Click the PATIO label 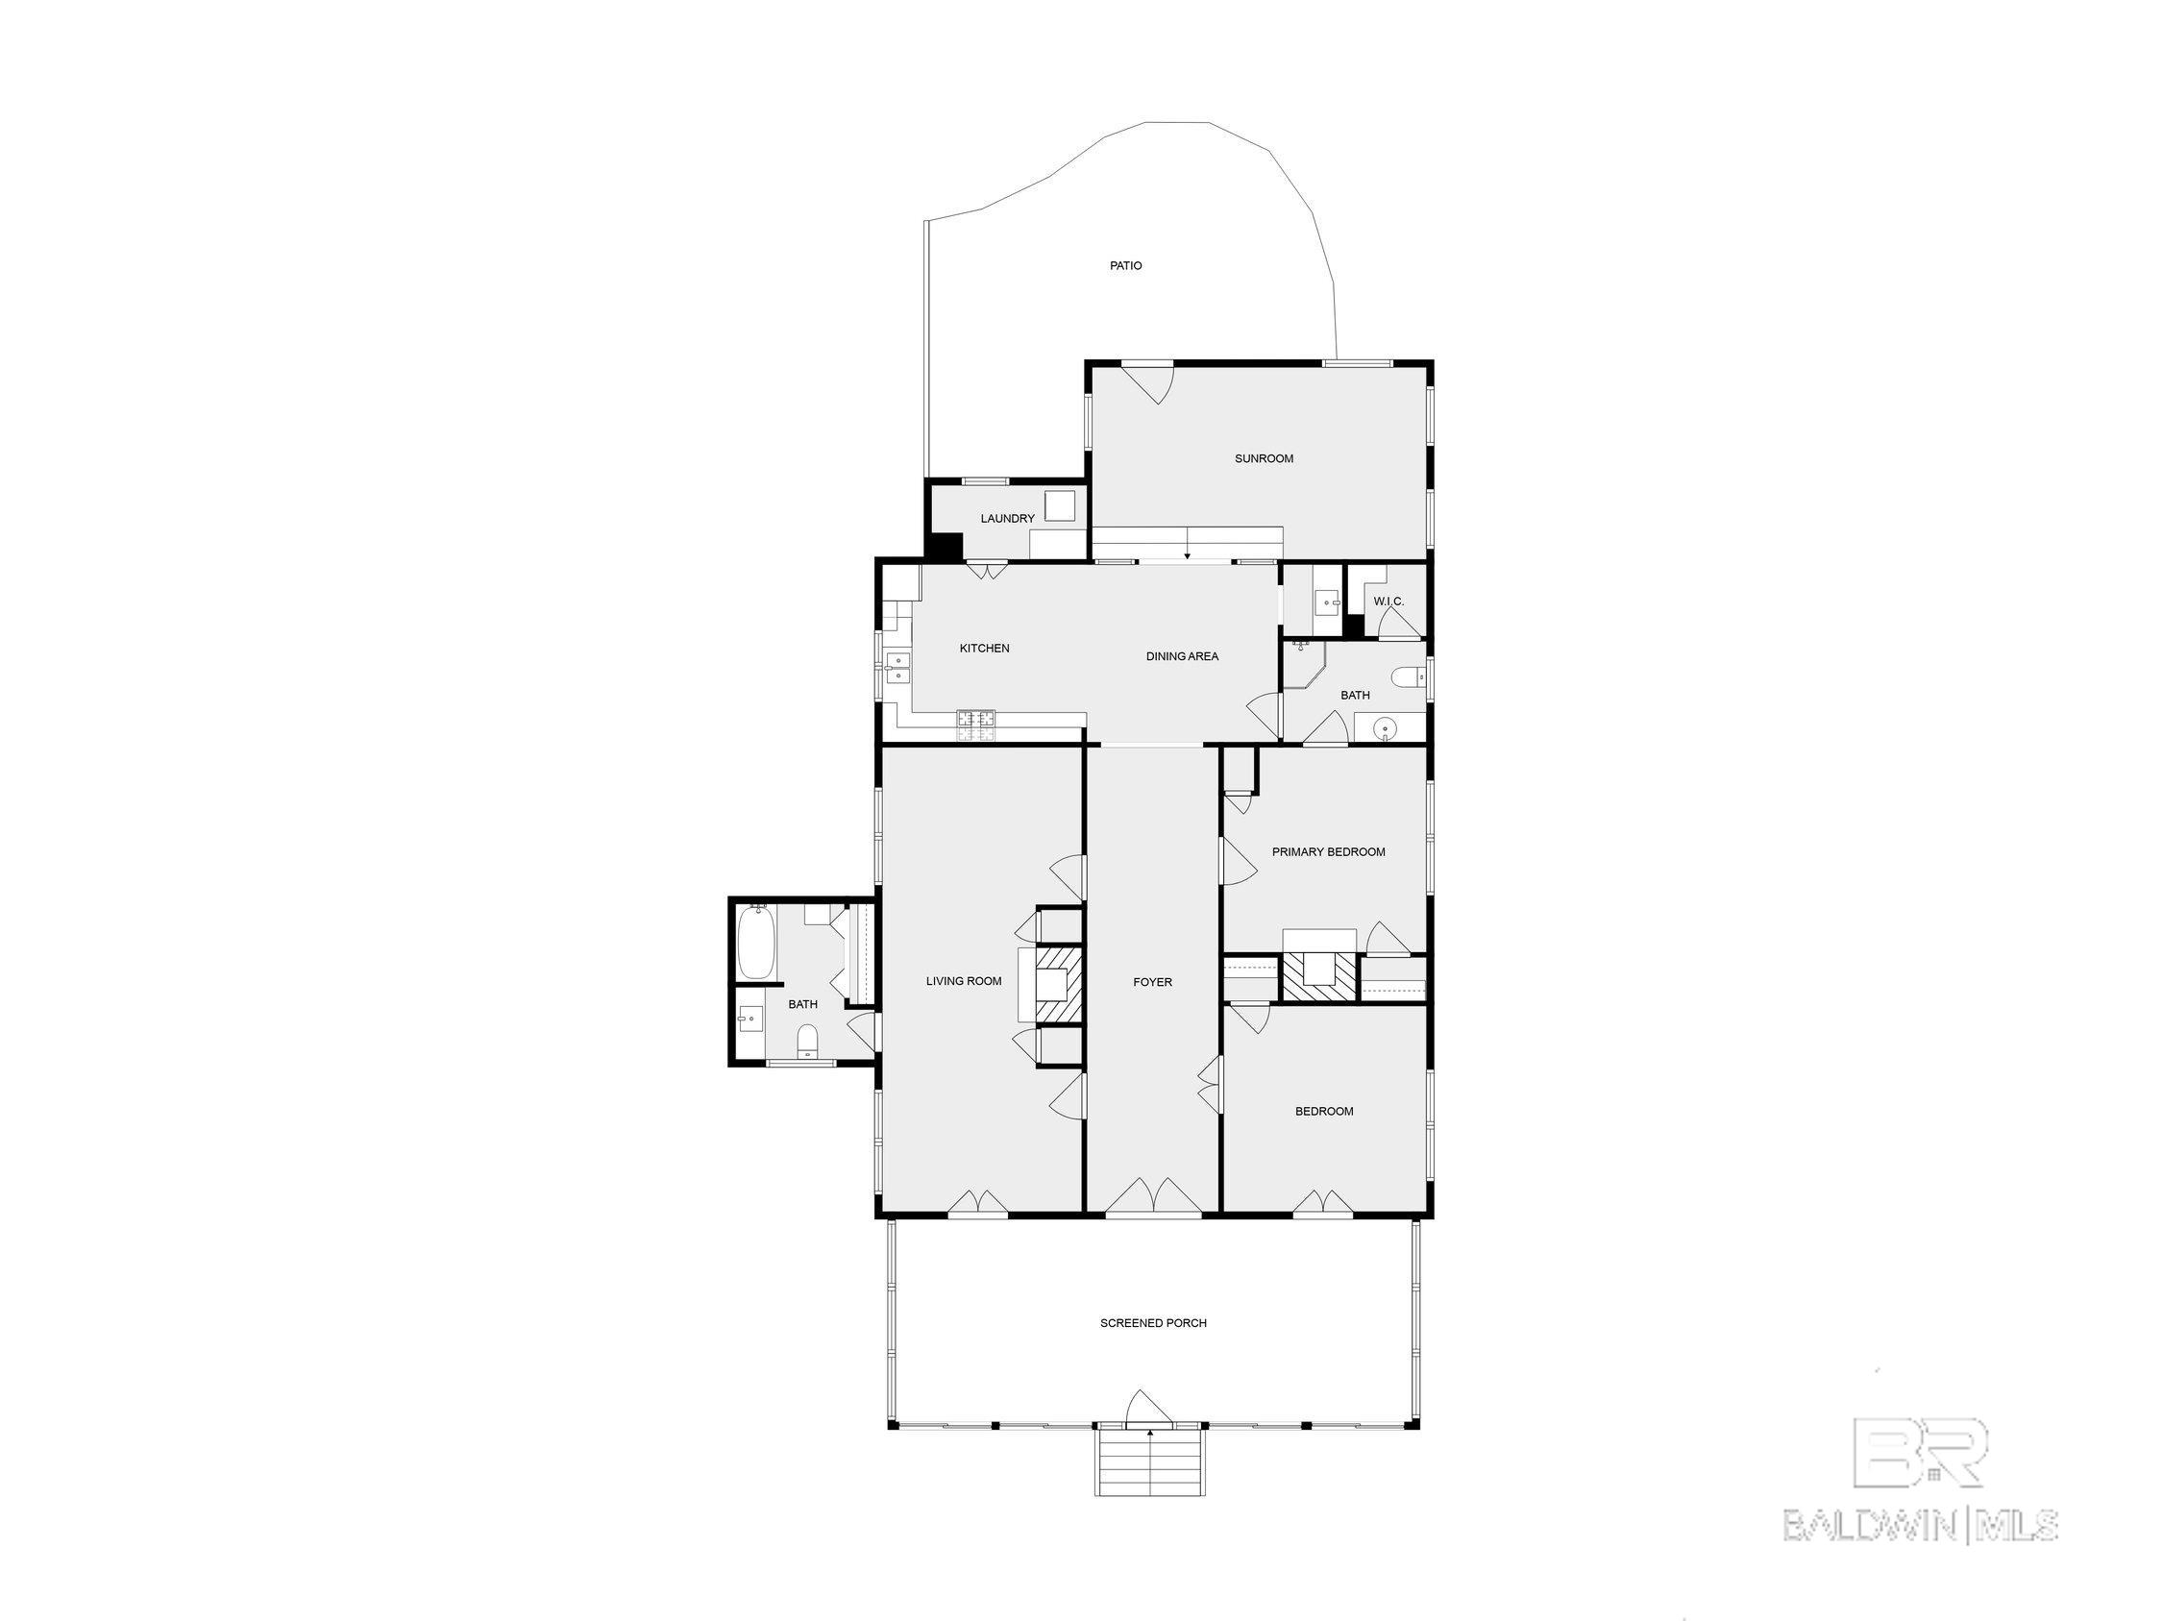1125,266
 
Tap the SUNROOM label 1263,458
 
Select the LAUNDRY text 1007,519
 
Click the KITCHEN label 983,649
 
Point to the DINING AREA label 1182,656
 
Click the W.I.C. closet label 1388,602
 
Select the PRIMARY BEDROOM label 1327,852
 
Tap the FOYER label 1151,983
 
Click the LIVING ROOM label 964,981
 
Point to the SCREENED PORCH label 1152,1323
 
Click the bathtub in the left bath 755,943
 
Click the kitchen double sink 212,669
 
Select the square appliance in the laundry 1060,505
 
